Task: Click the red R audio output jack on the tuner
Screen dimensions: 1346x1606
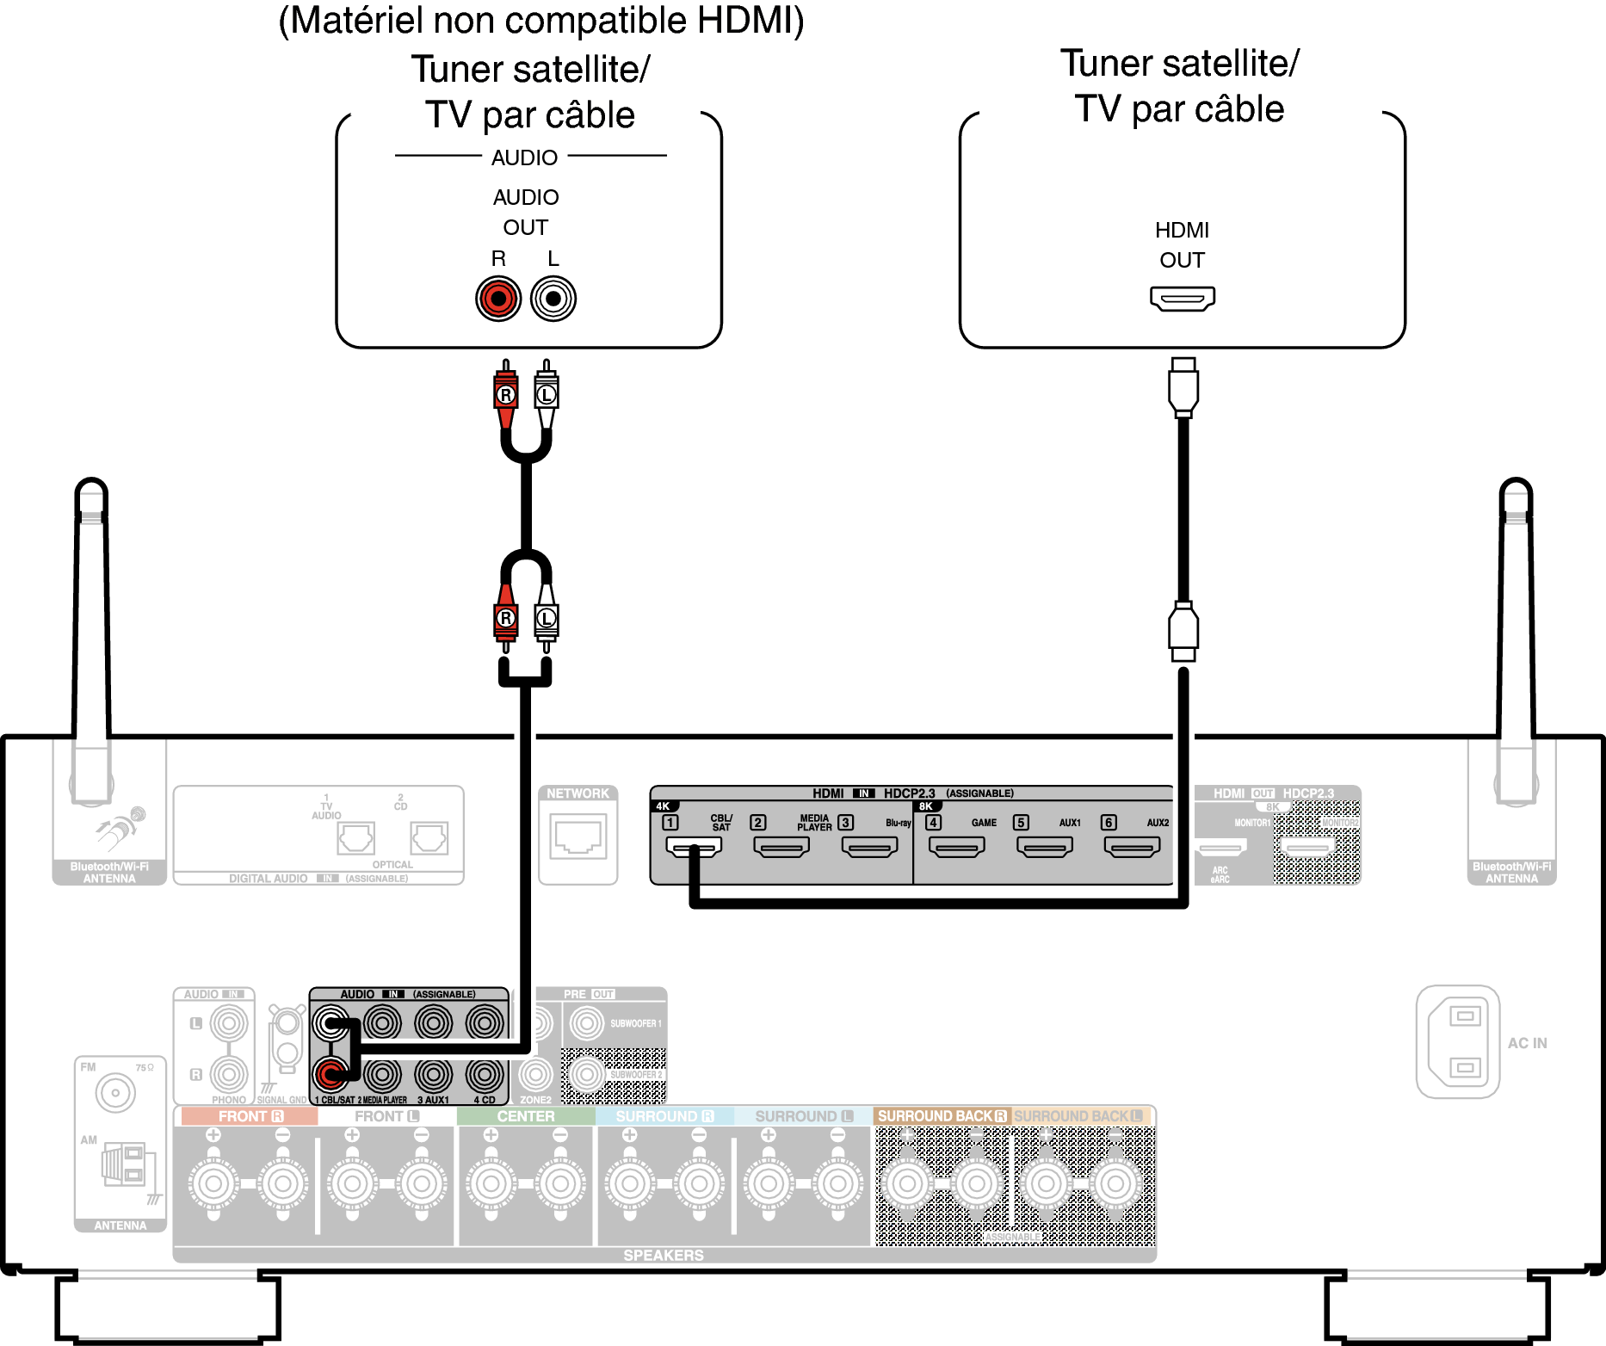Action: (498, 299)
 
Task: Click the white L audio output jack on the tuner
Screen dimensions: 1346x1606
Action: (553, 299)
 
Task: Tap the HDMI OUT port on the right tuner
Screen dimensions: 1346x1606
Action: (1183, 299)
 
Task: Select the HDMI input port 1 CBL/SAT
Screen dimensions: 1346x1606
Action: (694, 847)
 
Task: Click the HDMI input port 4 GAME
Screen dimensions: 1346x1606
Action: (957, 847)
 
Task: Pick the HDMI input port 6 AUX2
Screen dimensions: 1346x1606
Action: (1133, 847)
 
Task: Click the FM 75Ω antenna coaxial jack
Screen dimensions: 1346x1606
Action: (115, 1093)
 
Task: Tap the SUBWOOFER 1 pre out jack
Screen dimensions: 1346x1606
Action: (587, 1023)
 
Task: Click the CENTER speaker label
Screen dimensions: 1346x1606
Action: (525, 1116)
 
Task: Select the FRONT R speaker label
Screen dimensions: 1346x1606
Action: (250, 1116)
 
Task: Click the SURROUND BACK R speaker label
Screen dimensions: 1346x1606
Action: (942, 1116)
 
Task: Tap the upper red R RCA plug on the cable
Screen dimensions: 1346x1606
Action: (506, 394)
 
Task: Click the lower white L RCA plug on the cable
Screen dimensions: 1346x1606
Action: (547, 618)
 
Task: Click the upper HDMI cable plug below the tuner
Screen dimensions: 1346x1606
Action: (1183, 387)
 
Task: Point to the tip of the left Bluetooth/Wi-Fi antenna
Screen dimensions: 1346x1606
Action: (91, 486)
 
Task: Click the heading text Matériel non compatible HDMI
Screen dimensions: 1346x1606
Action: (541, 21)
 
